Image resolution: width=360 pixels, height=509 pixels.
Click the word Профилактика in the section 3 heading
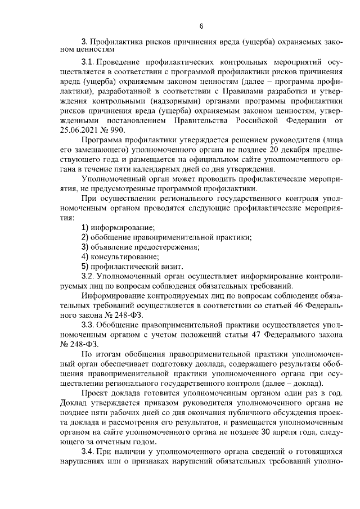116,42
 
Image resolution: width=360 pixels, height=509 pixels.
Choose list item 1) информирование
118,227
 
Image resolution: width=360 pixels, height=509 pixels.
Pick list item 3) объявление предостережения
141,246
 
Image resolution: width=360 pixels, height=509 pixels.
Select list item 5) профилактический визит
132,266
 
